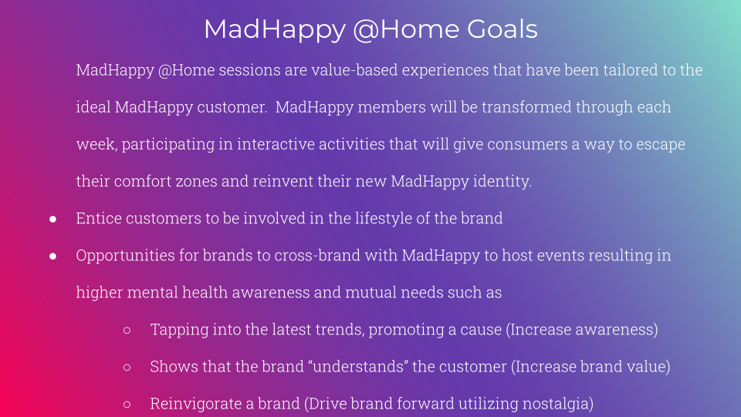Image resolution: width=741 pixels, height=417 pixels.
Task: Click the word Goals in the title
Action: coord(502,29)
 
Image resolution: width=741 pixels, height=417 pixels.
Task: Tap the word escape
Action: coord(661,144)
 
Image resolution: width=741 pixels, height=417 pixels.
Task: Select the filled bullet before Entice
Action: coord(53,219)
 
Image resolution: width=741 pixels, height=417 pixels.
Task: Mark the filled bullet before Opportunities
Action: coord(53,256)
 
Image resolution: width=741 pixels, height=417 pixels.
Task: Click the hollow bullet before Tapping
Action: coord(127,331)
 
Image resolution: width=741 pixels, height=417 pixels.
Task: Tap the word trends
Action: coord(340,330)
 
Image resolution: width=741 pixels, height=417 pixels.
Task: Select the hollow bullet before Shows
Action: coord(127,368)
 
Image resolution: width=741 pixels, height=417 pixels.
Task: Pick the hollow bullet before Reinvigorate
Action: coord(127,405)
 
